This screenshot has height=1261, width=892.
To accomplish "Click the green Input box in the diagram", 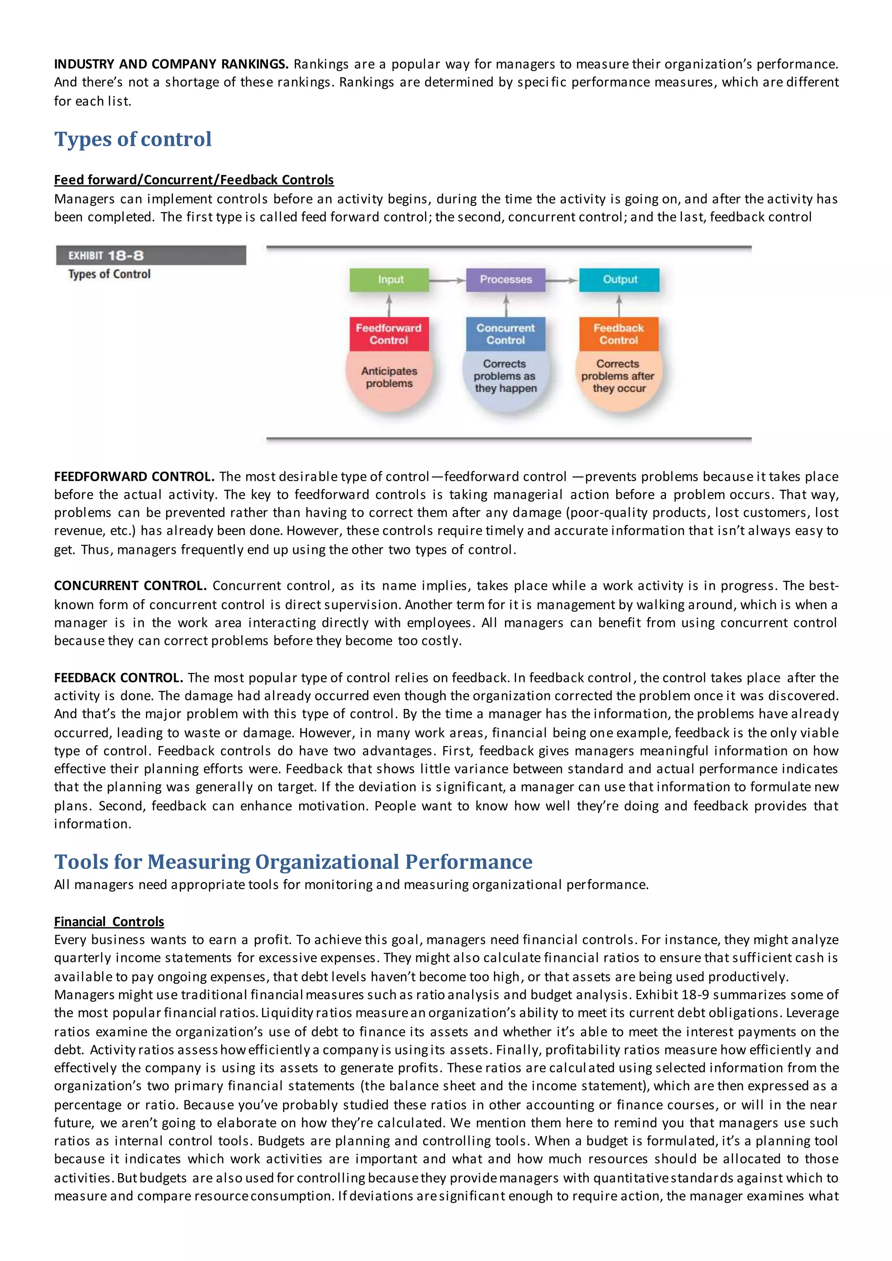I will point(389,280).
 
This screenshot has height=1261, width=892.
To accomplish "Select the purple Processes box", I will point(505,280).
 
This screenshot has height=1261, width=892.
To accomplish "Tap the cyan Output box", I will point(620,280).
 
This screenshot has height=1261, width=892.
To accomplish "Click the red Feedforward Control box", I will point(389,334).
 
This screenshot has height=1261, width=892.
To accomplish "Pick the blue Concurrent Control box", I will point(505,334).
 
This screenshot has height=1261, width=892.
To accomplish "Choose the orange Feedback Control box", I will point(618,334).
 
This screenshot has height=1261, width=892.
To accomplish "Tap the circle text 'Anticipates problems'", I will point(389,378).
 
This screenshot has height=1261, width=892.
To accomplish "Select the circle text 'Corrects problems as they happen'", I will point(505,376).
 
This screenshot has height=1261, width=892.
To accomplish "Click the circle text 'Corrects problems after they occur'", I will point(618,376).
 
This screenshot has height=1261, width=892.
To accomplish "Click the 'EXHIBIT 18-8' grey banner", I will point(151,256).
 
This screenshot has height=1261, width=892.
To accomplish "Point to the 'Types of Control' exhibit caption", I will point(109,274).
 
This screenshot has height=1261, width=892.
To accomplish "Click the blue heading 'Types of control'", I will point(133,139).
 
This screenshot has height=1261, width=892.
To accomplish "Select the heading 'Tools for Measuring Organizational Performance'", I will point(293,862).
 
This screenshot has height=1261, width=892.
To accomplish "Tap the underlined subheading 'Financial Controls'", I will point(109,922).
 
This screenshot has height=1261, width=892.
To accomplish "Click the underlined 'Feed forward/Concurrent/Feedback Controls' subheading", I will point(194,180).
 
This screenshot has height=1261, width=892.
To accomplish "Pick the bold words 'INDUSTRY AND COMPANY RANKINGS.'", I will point(171,64).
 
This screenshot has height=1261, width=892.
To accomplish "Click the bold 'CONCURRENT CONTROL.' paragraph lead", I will point(130,586).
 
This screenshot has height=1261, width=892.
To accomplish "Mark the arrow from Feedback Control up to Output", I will point(619,306).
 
